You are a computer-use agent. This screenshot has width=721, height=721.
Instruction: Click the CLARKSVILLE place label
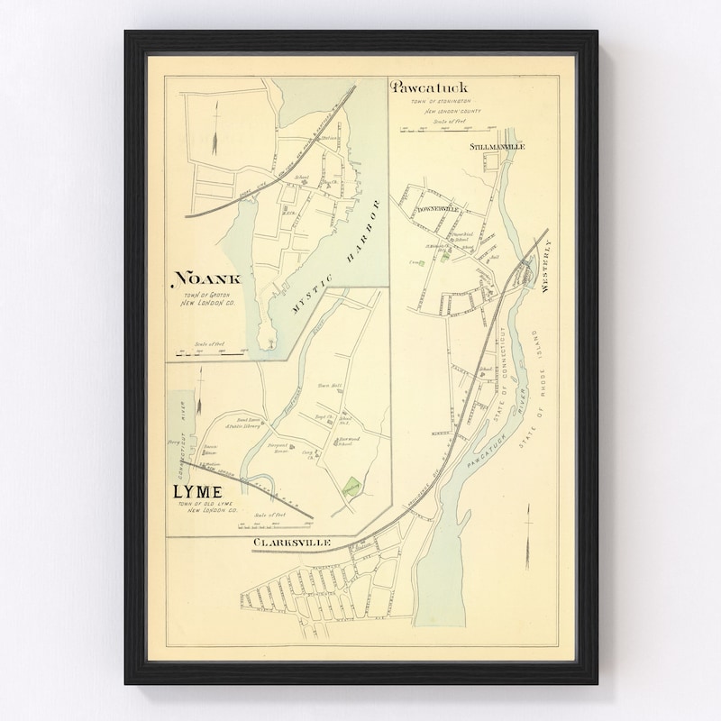click(x=292, y=543)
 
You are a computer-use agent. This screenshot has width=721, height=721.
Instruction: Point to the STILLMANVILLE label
click(x=497, y=146)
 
